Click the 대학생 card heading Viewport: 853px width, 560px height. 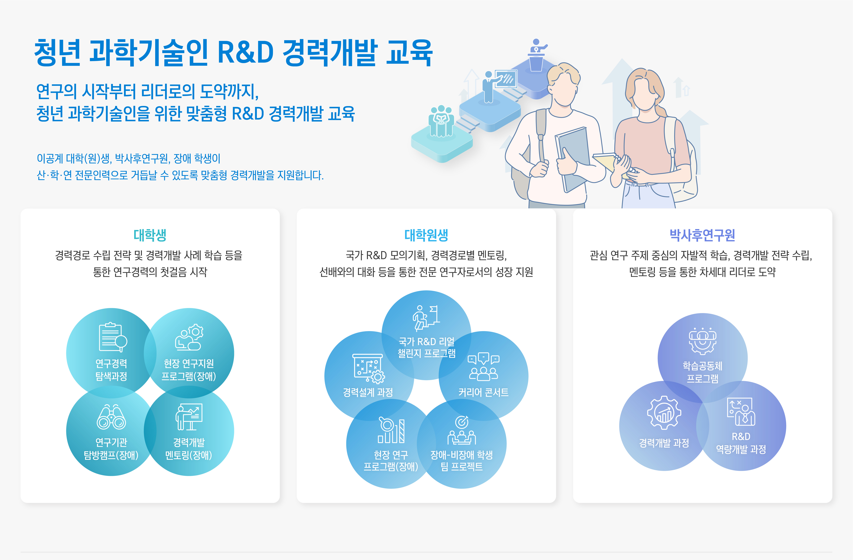pos(150,235)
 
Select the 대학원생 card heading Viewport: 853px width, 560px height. pos(426,235)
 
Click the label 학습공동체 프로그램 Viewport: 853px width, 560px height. pos(702,372)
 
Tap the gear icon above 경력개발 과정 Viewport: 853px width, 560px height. pos(664,413)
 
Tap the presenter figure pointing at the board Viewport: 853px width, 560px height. pos(489,86)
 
